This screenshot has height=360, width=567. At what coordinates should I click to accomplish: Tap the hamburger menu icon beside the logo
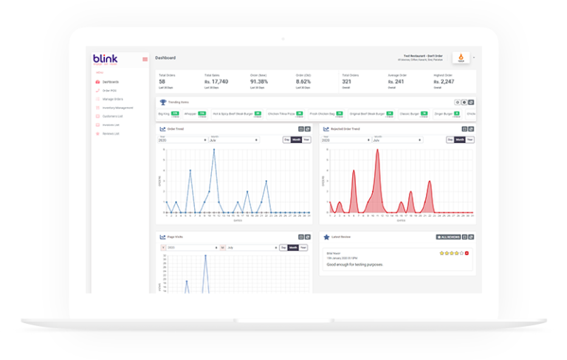tap(145, 59)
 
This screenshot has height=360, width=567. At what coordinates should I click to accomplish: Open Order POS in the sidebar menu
tap(109, 90)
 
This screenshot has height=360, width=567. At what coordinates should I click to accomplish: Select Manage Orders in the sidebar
tap(111, 99)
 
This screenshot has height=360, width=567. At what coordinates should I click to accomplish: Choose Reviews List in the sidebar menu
tap(110, 134)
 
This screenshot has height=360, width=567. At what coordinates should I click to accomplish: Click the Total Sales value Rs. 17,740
tap(216, 81)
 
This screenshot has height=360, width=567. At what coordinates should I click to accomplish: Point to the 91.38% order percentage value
tap(258, 81)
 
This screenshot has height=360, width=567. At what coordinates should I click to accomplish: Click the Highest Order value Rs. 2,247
tap(443, 81)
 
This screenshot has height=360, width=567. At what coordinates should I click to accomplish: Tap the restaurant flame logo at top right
tap(461, 58)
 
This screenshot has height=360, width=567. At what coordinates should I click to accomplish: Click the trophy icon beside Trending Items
tap(162, 102)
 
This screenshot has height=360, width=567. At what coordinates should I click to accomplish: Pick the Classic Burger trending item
tap(409, 114)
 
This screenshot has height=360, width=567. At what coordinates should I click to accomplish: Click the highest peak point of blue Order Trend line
tap(214, 150)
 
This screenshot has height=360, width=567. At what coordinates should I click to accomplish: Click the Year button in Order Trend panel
tap(306, 139)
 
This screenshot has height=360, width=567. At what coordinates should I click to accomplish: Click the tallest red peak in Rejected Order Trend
tap(377, 150)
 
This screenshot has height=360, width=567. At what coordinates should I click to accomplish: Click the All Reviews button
tap(448, 237)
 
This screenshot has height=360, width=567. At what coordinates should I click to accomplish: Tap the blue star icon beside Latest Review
tap(326, 237)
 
